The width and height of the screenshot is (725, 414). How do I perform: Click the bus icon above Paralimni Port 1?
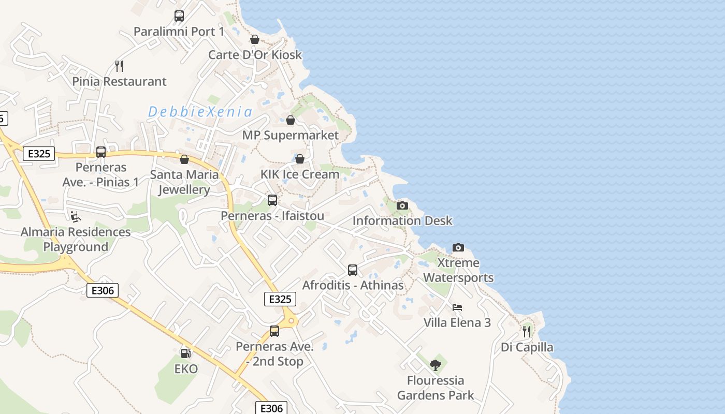(179, 16)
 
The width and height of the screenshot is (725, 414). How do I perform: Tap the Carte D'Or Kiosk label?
(255, 55)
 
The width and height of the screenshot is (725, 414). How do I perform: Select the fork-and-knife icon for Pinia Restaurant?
(119, 66)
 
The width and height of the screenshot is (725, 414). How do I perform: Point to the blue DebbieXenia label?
(200, 112)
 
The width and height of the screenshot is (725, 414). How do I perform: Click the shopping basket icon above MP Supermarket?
(291, 120)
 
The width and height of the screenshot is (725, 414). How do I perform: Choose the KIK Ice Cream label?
(300, 174)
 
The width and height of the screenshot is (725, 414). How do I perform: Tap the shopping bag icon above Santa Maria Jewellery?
(184, 159)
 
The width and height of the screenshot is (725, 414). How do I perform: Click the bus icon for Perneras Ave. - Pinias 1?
(101, 152)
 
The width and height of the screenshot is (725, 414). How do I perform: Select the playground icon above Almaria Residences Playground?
(76, 216)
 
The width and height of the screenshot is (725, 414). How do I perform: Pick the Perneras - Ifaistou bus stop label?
(272, 216)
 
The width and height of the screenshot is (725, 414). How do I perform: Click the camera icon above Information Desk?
(402, 206)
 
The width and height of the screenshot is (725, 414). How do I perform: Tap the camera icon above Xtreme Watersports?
(458, 248)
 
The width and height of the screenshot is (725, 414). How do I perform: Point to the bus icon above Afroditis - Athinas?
(353, 270)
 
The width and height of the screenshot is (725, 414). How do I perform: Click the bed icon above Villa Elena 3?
(457, 307)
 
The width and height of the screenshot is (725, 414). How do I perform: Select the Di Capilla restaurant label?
(527, 347)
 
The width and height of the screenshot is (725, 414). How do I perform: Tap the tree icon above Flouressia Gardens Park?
(436, 365)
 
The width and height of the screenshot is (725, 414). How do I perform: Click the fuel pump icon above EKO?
(185, 353)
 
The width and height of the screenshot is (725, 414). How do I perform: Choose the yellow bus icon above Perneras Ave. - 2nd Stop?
(274, 331)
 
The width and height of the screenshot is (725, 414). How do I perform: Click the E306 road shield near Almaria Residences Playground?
(102, 290)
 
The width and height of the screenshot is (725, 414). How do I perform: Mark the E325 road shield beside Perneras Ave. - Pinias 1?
(39, 154)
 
